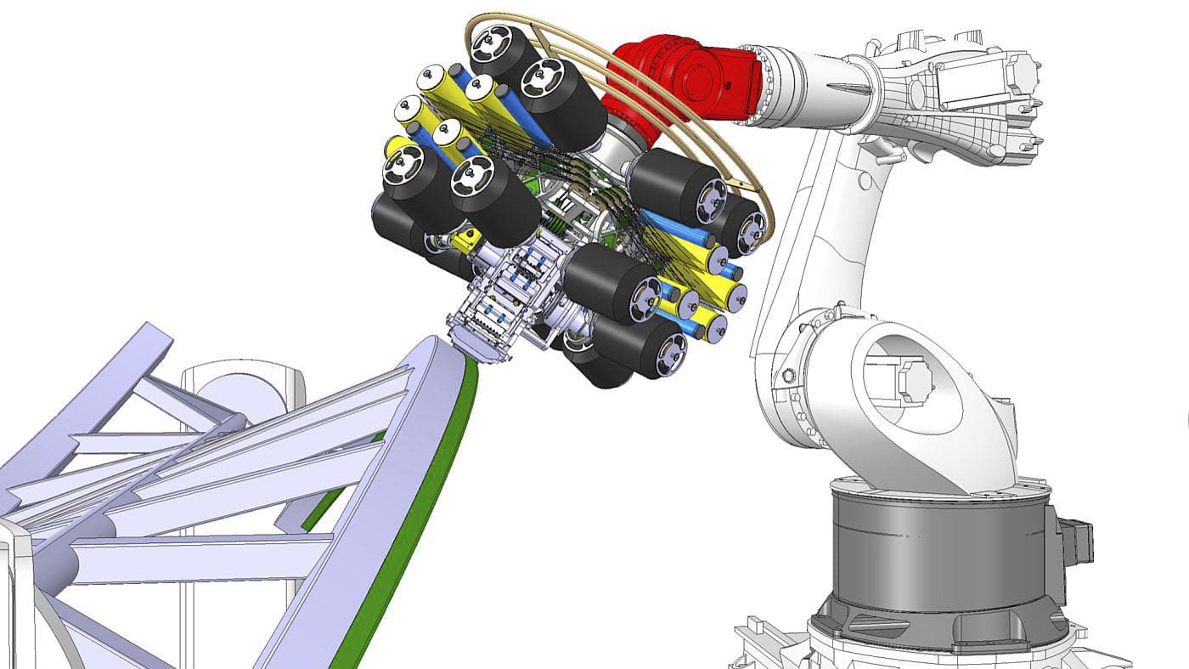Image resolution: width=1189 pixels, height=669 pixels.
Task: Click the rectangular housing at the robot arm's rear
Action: pos(977,85)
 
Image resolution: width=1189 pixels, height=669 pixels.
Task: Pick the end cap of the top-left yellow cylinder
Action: pos(427,81)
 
